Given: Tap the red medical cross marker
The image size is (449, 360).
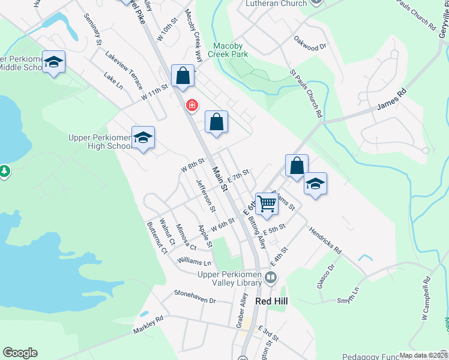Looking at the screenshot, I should pos(191,106).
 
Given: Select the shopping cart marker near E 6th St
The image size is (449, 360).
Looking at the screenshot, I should pos(267,203).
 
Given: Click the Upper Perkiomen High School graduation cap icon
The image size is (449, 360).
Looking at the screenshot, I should pos(143,137).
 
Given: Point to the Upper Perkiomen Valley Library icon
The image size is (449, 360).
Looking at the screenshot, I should pos(271,277).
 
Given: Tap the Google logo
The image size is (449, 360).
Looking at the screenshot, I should pos(20,353).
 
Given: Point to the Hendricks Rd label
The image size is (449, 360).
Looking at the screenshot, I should pos(325,239).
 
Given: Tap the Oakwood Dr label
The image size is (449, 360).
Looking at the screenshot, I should pos(310,43).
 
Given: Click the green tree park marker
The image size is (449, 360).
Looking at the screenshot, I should pos(5,172).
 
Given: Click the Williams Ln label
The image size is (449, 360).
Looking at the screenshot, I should pos(194,262).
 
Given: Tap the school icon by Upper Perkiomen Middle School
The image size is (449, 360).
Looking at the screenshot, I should pos(54,62).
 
